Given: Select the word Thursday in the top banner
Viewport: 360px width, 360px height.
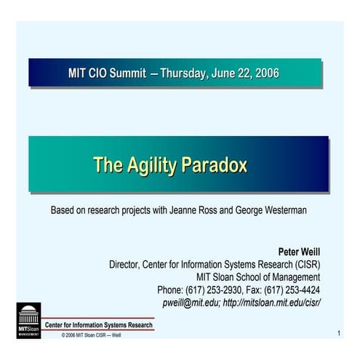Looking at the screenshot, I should (x=184, y=73).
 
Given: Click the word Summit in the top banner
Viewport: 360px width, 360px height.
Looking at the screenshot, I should (x=127, y=73).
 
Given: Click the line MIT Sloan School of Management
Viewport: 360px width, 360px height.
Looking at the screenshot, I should (x=258, y=276).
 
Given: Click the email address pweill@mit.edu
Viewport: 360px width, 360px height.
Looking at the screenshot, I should (x=190, y=302).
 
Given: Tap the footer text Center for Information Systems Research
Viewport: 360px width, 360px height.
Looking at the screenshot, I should (x=99, y=324).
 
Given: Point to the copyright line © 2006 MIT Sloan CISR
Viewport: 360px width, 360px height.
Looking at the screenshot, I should (x=91, y=335).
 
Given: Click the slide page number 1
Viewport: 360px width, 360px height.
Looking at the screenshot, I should (x=339, y=333).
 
